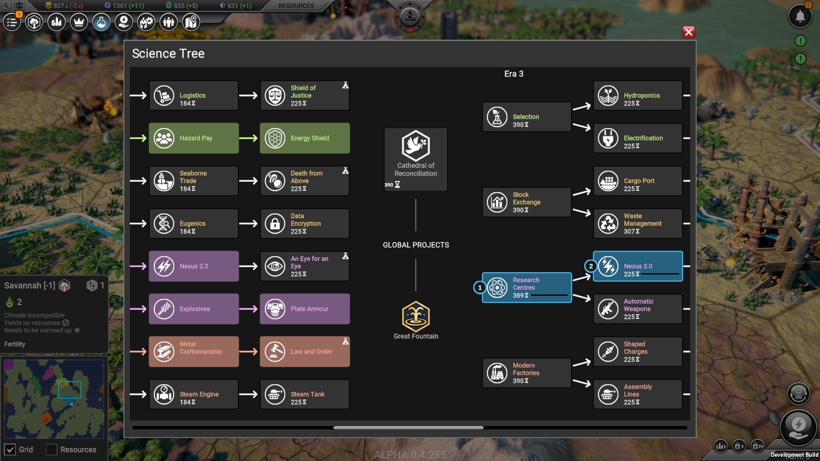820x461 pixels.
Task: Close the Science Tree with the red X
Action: click(688, 32)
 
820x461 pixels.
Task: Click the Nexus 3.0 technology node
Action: click(638, 266)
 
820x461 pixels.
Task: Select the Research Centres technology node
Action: click(527, 288)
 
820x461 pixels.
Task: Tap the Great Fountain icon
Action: click(416, 316)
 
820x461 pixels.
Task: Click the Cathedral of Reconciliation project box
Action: click(416, 159)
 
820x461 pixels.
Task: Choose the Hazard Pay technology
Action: click(193, 138)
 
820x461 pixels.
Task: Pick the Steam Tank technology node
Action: click(305, 394)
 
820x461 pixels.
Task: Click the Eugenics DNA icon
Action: click(164, 224)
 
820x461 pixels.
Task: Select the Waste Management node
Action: click(638, 224)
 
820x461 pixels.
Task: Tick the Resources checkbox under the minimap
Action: click(52, 449)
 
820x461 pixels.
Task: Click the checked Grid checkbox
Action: click(10, 449)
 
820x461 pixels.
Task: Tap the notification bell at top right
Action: click(799, 17)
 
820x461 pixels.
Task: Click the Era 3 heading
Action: click(514, 74)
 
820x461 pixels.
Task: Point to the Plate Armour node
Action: click(305, 309)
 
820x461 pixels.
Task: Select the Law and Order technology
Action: click(305, 352)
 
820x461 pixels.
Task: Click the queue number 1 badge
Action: click(480, 288)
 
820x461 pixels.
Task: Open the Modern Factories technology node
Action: click(527, 373)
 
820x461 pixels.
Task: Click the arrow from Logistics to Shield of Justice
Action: click(249, 96)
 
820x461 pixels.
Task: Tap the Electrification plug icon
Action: click(608, 138)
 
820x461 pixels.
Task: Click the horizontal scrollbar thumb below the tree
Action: click(408, 427)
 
